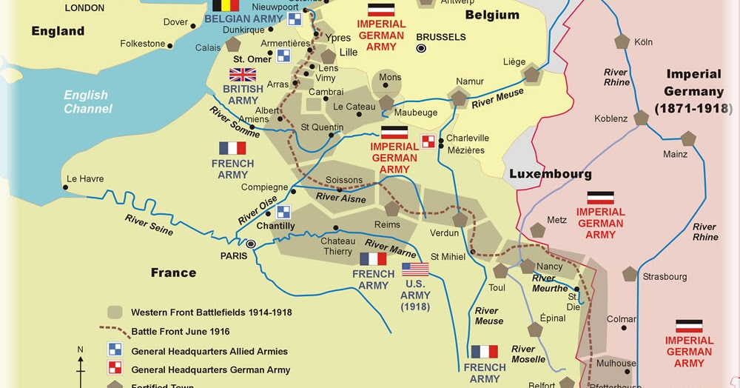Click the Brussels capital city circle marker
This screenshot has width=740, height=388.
[x=422, y=48]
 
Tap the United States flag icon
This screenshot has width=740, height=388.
[x=415, y=270]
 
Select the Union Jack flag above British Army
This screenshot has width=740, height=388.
[x=243, y=74]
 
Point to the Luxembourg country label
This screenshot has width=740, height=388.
[x=550, y=175]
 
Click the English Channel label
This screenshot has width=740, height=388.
[x=87, y=102]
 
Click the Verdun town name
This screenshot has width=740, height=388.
[x=444, y=233]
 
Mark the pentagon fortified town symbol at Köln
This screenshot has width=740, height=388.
[x=622, y=41]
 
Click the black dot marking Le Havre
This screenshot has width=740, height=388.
[x=65, y=187]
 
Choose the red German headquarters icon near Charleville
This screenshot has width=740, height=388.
[x=428, y=141]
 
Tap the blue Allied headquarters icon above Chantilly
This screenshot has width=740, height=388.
[x=283, y=212]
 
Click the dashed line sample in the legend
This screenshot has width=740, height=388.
[x=115, y=332]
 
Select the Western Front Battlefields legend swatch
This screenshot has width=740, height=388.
[x=115, y=312]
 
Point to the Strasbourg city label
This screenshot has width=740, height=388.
[x=665, y=277]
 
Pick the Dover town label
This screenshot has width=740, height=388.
[x=175, y=22]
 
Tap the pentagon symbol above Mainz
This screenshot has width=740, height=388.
[x=688, y=138]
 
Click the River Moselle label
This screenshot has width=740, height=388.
[x=528, y=354]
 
